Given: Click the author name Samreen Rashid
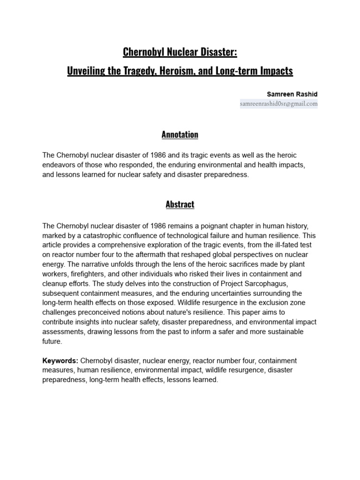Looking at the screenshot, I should point(292,94).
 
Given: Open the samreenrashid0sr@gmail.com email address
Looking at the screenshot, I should point(278,104).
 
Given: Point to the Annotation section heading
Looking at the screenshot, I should point(180,135).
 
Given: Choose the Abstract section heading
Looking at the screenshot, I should point(180,204).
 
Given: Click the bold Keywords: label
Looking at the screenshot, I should point(60,361).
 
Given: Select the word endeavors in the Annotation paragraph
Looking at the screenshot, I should point(59,165).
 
